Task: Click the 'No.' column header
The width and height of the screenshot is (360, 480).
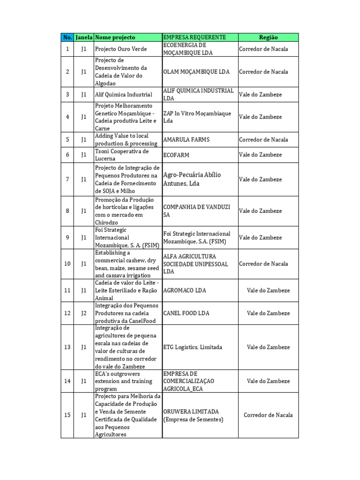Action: pos(67,37)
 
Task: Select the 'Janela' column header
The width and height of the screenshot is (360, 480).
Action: pos(84,37)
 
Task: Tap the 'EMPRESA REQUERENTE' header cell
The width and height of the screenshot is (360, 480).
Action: pos(195,37)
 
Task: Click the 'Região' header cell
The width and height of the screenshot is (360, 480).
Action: pos(268,37)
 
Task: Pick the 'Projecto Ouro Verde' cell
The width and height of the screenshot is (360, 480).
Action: pos(121,49)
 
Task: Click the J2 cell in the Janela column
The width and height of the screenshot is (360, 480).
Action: pos(84,313)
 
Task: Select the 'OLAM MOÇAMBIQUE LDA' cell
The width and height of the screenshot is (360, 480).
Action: pos(196,72)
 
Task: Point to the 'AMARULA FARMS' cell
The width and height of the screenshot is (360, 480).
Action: pos(186,140)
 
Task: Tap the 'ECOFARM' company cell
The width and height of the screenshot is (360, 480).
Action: pos(176,155)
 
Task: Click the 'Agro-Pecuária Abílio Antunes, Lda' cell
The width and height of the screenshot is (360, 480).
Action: pos(192,179)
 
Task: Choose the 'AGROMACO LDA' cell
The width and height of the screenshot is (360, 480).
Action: pos(184,291)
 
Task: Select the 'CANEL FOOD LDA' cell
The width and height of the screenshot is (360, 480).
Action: pos(186,313)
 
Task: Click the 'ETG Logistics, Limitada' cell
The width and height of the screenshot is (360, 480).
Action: pos(193,347)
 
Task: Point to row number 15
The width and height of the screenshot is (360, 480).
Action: pos(67,415)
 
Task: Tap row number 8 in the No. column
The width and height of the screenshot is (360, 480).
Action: pos(67,211)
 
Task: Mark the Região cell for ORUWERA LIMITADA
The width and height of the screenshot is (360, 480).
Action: pos(268,415)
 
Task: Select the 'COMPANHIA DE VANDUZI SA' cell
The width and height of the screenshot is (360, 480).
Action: pos(196,211)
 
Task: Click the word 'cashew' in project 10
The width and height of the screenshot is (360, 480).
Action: pos(135,260)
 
